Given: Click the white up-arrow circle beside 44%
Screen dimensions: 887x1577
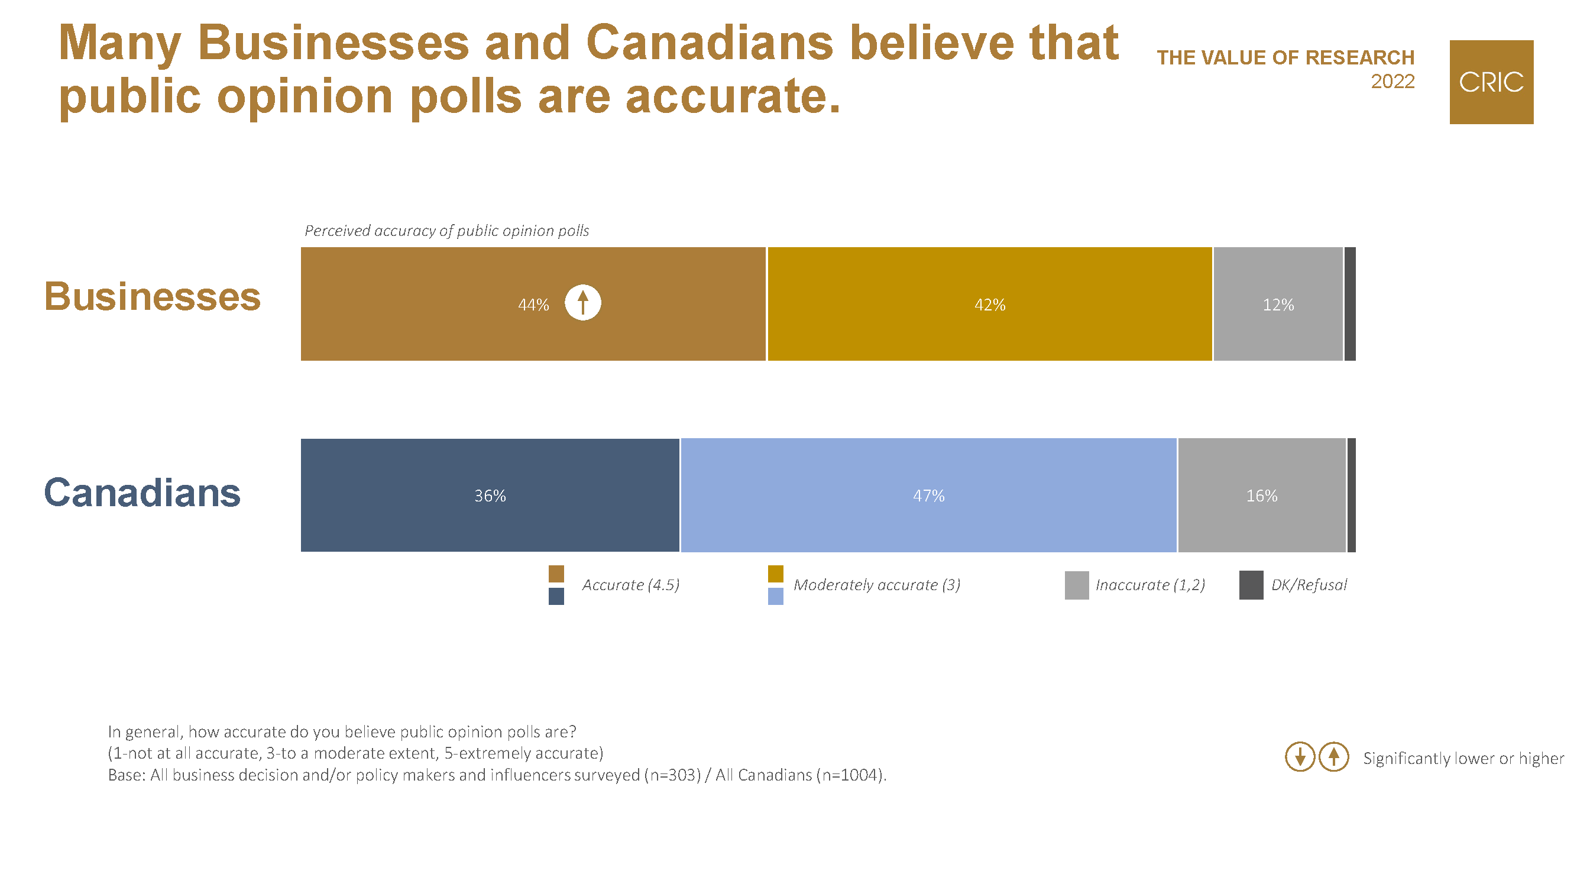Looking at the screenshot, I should [583, 302].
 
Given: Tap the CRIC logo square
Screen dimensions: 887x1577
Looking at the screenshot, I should [1491, 82].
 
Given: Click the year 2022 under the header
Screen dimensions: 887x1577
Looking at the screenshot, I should [1392, 82].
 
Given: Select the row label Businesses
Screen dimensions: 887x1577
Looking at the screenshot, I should [153, 297].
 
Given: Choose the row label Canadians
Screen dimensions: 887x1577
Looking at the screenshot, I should [142, 493].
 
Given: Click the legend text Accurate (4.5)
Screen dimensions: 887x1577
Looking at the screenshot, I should [630, 585].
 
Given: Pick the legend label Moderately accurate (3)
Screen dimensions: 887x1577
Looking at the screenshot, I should [877, 585].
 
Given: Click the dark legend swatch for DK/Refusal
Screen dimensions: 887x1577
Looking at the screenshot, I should [1251, 585].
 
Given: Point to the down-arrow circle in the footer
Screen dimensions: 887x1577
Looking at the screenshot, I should [1300, 757].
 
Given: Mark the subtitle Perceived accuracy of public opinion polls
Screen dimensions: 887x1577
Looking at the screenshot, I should [446, 231].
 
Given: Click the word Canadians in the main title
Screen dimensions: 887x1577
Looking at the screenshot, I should [710, 43].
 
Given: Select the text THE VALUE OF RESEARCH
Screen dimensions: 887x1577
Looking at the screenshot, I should [1285, 57].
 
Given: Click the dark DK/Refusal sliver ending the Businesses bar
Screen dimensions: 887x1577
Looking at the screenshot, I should [1350, 304].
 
